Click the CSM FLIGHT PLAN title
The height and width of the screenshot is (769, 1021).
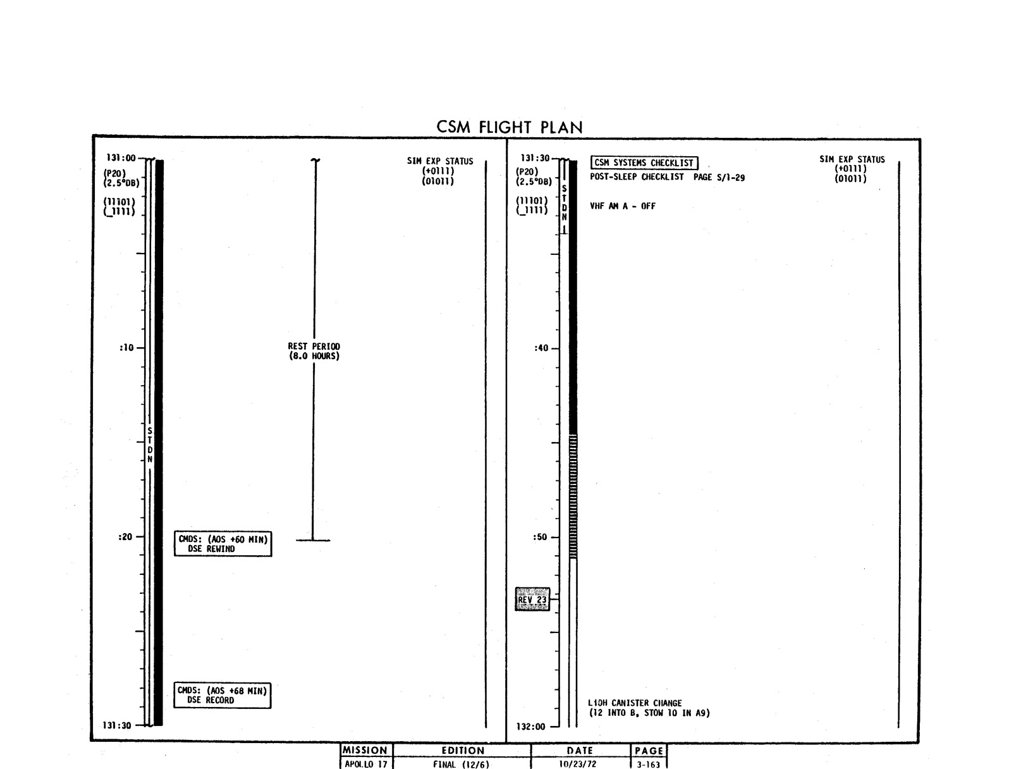(x=510, y=127)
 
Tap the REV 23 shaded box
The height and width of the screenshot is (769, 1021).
(x=532, y=599)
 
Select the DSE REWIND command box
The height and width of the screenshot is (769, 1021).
(x=223, y=544)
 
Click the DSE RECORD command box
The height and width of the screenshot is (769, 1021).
(x=223, y=695)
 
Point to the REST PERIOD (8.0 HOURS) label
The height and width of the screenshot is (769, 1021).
(x=314, y=351)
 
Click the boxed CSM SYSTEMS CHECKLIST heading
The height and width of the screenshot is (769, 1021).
(x=644, y=163)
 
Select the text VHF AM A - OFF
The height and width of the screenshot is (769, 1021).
(x=622, y=206)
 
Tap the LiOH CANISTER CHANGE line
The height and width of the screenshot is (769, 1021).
(x=635, y=703)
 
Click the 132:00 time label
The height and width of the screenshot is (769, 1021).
(x=530, y=727)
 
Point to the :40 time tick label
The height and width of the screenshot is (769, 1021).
(x=541, y=348)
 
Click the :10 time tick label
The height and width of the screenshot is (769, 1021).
(x=126, y=348)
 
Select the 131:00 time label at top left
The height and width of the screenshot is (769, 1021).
(x=121, y=157)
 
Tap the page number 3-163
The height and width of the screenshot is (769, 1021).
(x=649, y=764)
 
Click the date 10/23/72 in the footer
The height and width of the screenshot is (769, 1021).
(x=578, y=764)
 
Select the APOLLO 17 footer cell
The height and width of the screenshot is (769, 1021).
(x=366, y=763)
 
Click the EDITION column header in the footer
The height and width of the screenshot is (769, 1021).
(x=463, y=751)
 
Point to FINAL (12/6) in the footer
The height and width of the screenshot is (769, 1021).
(x=461, y=764)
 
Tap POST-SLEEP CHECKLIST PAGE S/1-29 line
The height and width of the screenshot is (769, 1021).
(x=667, y=177)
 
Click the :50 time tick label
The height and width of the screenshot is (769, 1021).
(x=540, y=537)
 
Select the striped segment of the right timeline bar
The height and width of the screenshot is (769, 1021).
(x=573, y=496)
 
